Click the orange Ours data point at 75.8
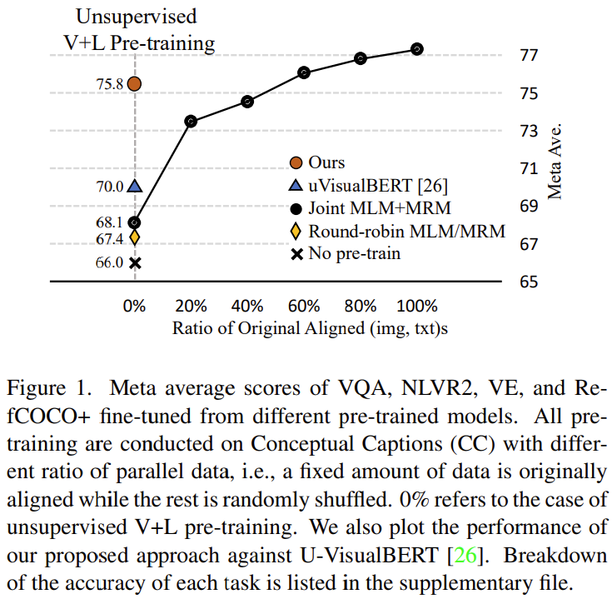tap(134, 83)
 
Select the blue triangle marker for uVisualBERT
tap(134, 187)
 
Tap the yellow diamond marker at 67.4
tap(134, 238)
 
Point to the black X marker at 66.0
tap(134, 262)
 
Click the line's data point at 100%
tap(417, 49)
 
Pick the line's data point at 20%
tap(191, 122)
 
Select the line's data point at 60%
tap(304, 72)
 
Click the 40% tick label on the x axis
tap(247, 305)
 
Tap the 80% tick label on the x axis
tap(361, 305)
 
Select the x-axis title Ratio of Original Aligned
tap(311, 328)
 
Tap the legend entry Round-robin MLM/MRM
tap(406, 231)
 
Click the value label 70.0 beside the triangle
tap(108, 187)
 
